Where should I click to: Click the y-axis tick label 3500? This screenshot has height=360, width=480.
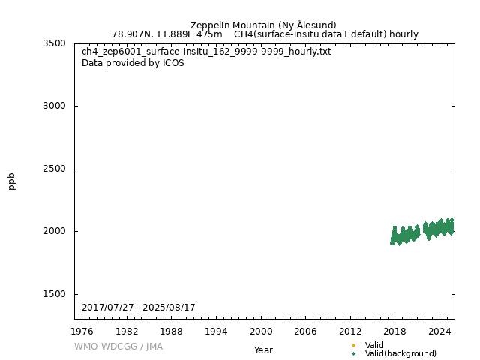click(x=55, y=43)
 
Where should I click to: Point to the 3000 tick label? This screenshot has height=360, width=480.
click(x=55, y=106)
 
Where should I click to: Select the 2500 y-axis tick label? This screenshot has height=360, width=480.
click(x=55, y=169)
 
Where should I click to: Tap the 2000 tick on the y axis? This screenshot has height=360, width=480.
click(x=55, y=231)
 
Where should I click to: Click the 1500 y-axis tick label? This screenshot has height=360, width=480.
click(x=55, y=294)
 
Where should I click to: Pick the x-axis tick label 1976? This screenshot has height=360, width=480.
click(x=82, y=331)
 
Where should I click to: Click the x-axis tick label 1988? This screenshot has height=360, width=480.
click(x=172, y=331)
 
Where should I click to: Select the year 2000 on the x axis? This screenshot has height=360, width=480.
click(x=261, y=331)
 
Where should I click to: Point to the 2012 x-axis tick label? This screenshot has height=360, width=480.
click(x=350, y=331)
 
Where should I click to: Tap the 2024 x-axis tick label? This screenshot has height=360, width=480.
click(x=439, y=331)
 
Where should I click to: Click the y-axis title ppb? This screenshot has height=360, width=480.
click(x=12, y=181)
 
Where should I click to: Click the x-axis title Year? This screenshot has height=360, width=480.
click(x=263, y=349)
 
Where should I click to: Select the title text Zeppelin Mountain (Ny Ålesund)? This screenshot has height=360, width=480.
click(x=263, y=25)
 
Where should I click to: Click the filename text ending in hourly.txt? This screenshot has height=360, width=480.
click(x=206, y=52)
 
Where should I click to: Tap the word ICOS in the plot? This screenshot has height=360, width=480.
click(x=173, y=63)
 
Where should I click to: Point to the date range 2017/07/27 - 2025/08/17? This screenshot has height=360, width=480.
click(x=139, y=307)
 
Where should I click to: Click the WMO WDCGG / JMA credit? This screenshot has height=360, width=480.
click(x=118, y=346)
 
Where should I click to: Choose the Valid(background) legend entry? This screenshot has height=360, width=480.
click(x=400, y=353)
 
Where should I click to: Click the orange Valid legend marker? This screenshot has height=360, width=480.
click(x=353, y=345)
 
